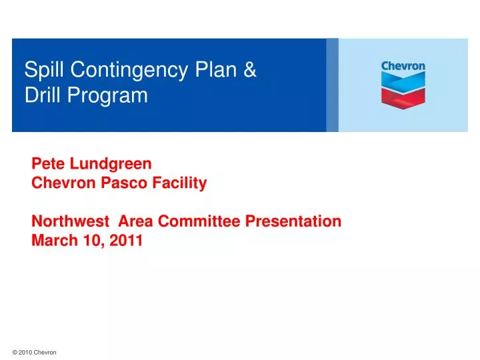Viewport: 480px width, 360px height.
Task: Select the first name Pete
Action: point(46,163)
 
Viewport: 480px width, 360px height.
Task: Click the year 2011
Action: point(127,241)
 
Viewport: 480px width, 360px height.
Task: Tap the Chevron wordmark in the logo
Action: point(403,67)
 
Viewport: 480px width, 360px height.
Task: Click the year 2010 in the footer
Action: point(26,353)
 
